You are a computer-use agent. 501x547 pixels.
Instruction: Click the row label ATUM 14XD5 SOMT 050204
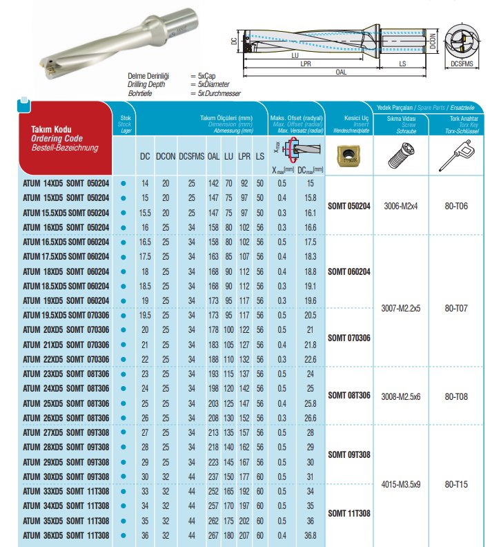[66, 183]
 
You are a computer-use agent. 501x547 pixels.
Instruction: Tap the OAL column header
[214, 157]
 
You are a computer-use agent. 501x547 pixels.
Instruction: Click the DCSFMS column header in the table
[190, 157]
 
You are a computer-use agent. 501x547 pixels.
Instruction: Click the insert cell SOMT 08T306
[349, 396]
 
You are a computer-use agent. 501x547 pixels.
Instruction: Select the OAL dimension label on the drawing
[340, 71]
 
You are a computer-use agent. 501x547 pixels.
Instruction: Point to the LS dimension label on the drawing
[402, 63]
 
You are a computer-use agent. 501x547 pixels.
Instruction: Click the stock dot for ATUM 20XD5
[124, 330]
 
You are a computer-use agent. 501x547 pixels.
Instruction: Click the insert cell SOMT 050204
[349, 205]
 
